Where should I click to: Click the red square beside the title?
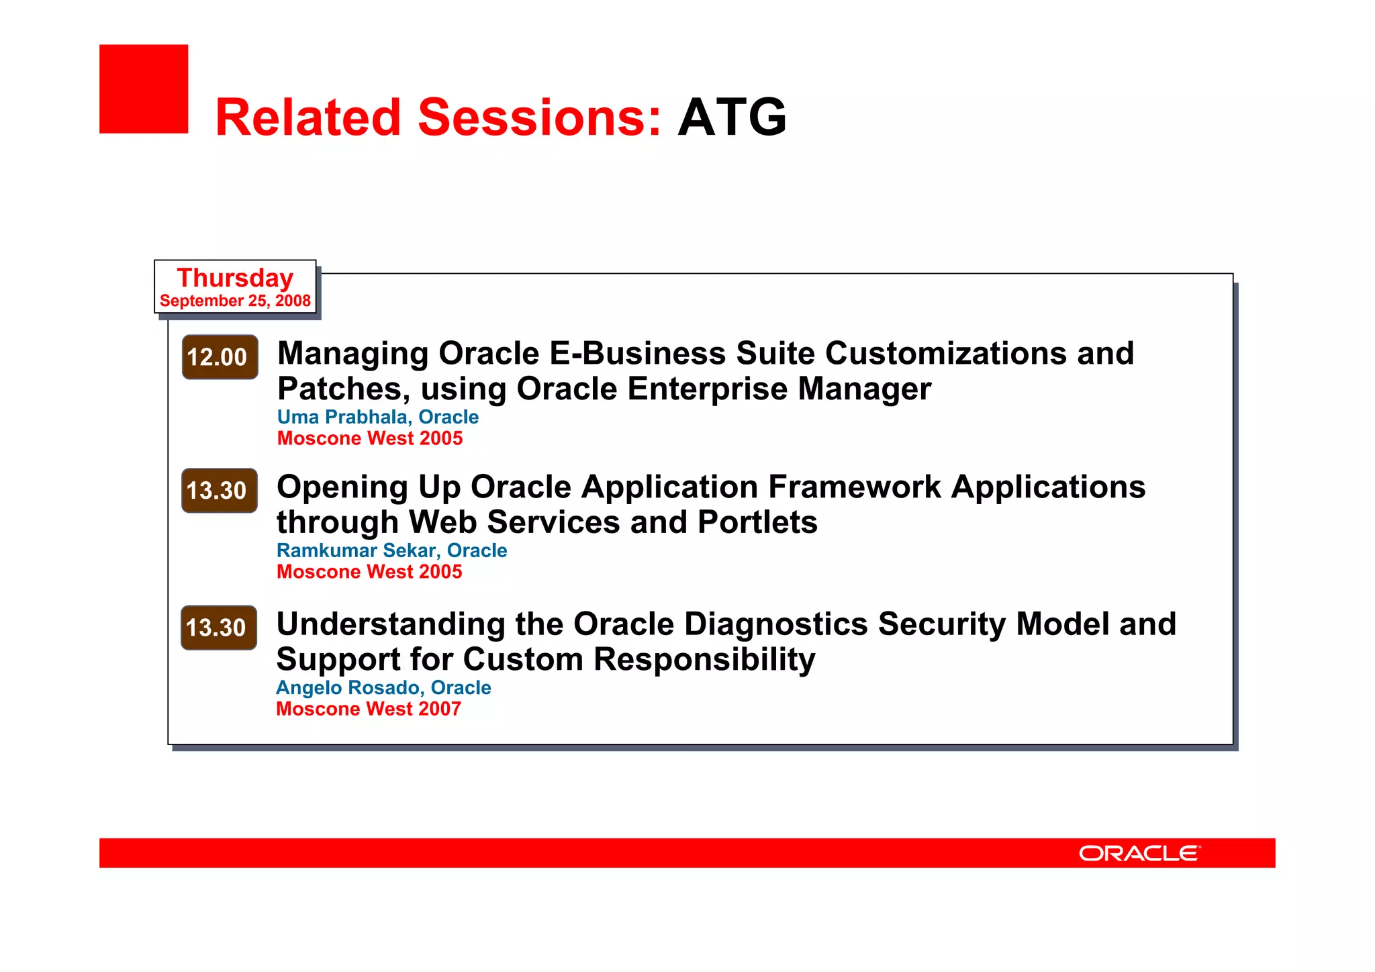tap(144, 89)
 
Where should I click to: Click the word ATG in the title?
tap(732, 117)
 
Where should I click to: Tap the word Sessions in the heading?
tap(540, 117)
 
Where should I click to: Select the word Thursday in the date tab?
tap(235, 278)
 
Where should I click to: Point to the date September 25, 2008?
tap(235, 301)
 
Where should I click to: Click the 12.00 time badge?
tap(220, 357)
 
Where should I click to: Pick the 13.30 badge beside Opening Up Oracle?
tap(219, 491)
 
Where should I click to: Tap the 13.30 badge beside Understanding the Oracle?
tap(219, 628)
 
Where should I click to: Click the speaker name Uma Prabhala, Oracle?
tap(378, 417)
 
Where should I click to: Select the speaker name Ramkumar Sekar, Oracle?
tap(391, 550)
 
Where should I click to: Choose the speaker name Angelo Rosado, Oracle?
tap(383, 687)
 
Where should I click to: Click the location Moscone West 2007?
tap(369, 709)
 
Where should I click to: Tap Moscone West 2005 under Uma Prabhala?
tap(370, 438)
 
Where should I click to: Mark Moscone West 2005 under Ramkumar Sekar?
tap(369, 572)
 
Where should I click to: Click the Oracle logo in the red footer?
tap(1139, 853)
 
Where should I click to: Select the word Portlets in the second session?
tap(757, 522)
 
